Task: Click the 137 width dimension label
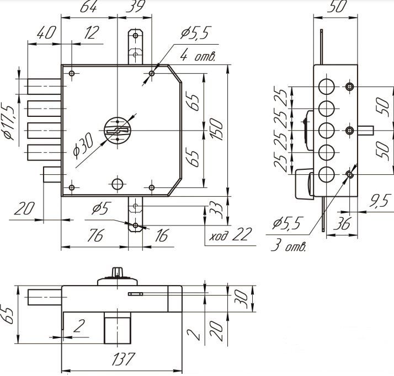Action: click(123, 359)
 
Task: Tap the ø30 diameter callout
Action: click(83, 146)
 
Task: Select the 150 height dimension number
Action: click(216, 129)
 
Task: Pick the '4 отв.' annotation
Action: click(198, 56)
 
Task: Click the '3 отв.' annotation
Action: click(289, 245)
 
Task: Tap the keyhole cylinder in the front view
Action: click(118, 130)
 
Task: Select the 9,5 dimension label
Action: click(380, 201)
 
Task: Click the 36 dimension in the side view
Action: click(342, 224)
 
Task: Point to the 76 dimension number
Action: click(95, 235)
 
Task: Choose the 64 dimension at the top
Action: click(88, 7)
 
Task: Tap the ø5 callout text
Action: click(102, 208)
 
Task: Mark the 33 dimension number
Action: click(216, 210)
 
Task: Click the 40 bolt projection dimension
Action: click(46, 33)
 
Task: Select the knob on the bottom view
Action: click(117, 272)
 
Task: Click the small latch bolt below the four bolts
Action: click(52, 174)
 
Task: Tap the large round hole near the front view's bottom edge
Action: click(118, 184)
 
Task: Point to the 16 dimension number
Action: click(161, 235)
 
